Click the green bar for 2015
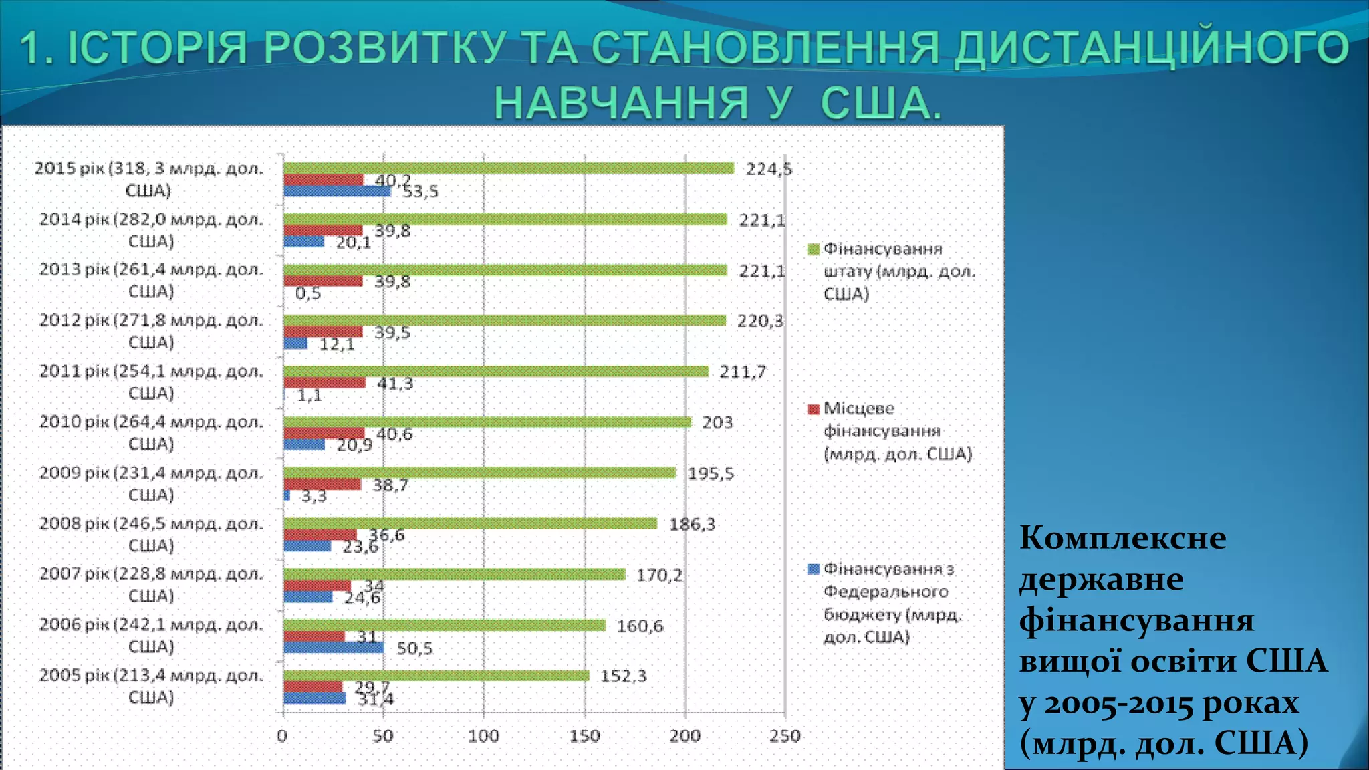click(508, 168)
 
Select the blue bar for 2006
click(334, 648)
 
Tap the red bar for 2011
click(324, 383)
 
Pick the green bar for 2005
click(436, 676)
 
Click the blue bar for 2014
click(303, 241)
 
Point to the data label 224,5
click(769, 170)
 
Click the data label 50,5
click(414, 648)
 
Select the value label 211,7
click(743, 372)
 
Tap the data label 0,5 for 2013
click(308, 293)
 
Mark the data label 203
click(717, 423)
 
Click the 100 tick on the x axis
click(483, 737)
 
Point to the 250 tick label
click(785, 737)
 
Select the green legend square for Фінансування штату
click(814, 249)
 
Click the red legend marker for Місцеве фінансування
click(814, 409)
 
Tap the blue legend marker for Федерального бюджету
click(814, 569)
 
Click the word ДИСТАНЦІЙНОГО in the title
click(1151, 49)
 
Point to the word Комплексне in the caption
click(1123, 538)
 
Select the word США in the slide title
click(880, 104)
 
